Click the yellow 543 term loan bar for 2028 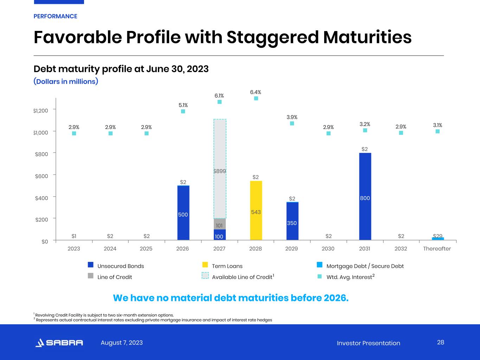click(256, 211)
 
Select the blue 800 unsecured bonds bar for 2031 click(365, 197)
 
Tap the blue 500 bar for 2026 click(183, 213)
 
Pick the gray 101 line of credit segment click(219, 224)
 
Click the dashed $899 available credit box click(220, 169)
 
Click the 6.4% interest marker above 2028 click(256, 98)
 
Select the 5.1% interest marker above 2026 click(183, 111)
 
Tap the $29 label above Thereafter click(437, 236)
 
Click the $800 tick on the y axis click(41, 154)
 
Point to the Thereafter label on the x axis click(437, 249)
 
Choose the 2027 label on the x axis click(219, 249)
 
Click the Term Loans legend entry click(227, 266)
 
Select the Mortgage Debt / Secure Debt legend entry click(365, 266)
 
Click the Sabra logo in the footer click(59, 343)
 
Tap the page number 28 click(441, 342)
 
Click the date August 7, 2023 click(122, 343)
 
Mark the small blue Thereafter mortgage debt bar click(438, 239)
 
